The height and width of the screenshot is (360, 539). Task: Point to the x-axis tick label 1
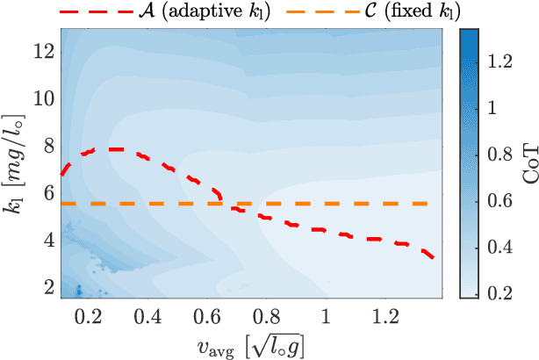[x=327, y=314]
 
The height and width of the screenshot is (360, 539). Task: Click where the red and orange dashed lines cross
[x=226, y=204]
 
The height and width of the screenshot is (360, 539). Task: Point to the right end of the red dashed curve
[x=432, y=257]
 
